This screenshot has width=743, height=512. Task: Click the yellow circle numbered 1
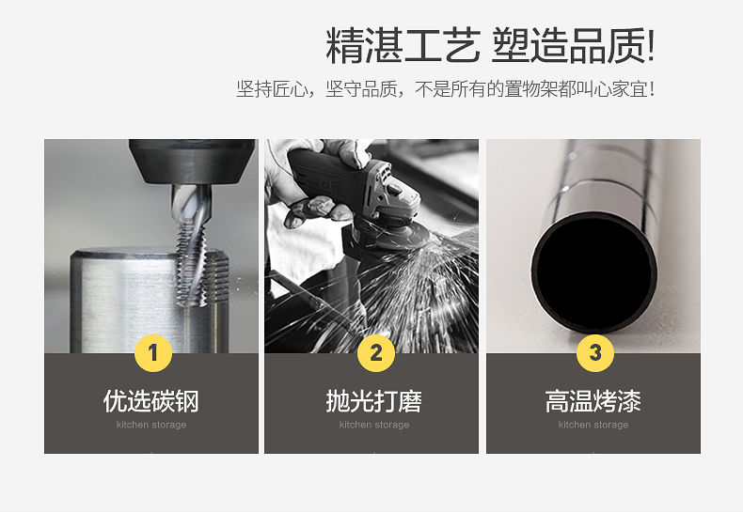click(x=153, y=353)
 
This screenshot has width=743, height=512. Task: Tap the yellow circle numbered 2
click(x=376, y=353)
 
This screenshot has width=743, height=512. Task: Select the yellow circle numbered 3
click(x=595, y=353)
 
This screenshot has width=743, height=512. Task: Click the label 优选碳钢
click(x=151, y=401)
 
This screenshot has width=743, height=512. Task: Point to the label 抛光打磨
click(x=374, y=401)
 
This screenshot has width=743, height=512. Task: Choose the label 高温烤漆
click(x=593, y=401)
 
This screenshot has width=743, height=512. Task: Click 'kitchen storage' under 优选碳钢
click(x=151, y=425)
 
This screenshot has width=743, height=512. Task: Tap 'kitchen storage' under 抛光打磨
click(x=374, y=425)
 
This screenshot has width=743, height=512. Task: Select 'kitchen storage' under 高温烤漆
click(x=593, y=425)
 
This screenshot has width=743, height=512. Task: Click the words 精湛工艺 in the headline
click(x=403, y=45)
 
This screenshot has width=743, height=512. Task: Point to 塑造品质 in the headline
click(x=569, y=45)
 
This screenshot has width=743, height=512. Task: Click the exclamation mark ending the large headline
click(x=651, y=45)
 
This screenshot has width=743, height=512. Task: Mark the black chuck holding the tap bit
click(x=192, y=162)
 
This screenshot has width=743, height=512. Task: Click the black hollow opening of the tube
click(x=594, y=273)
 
